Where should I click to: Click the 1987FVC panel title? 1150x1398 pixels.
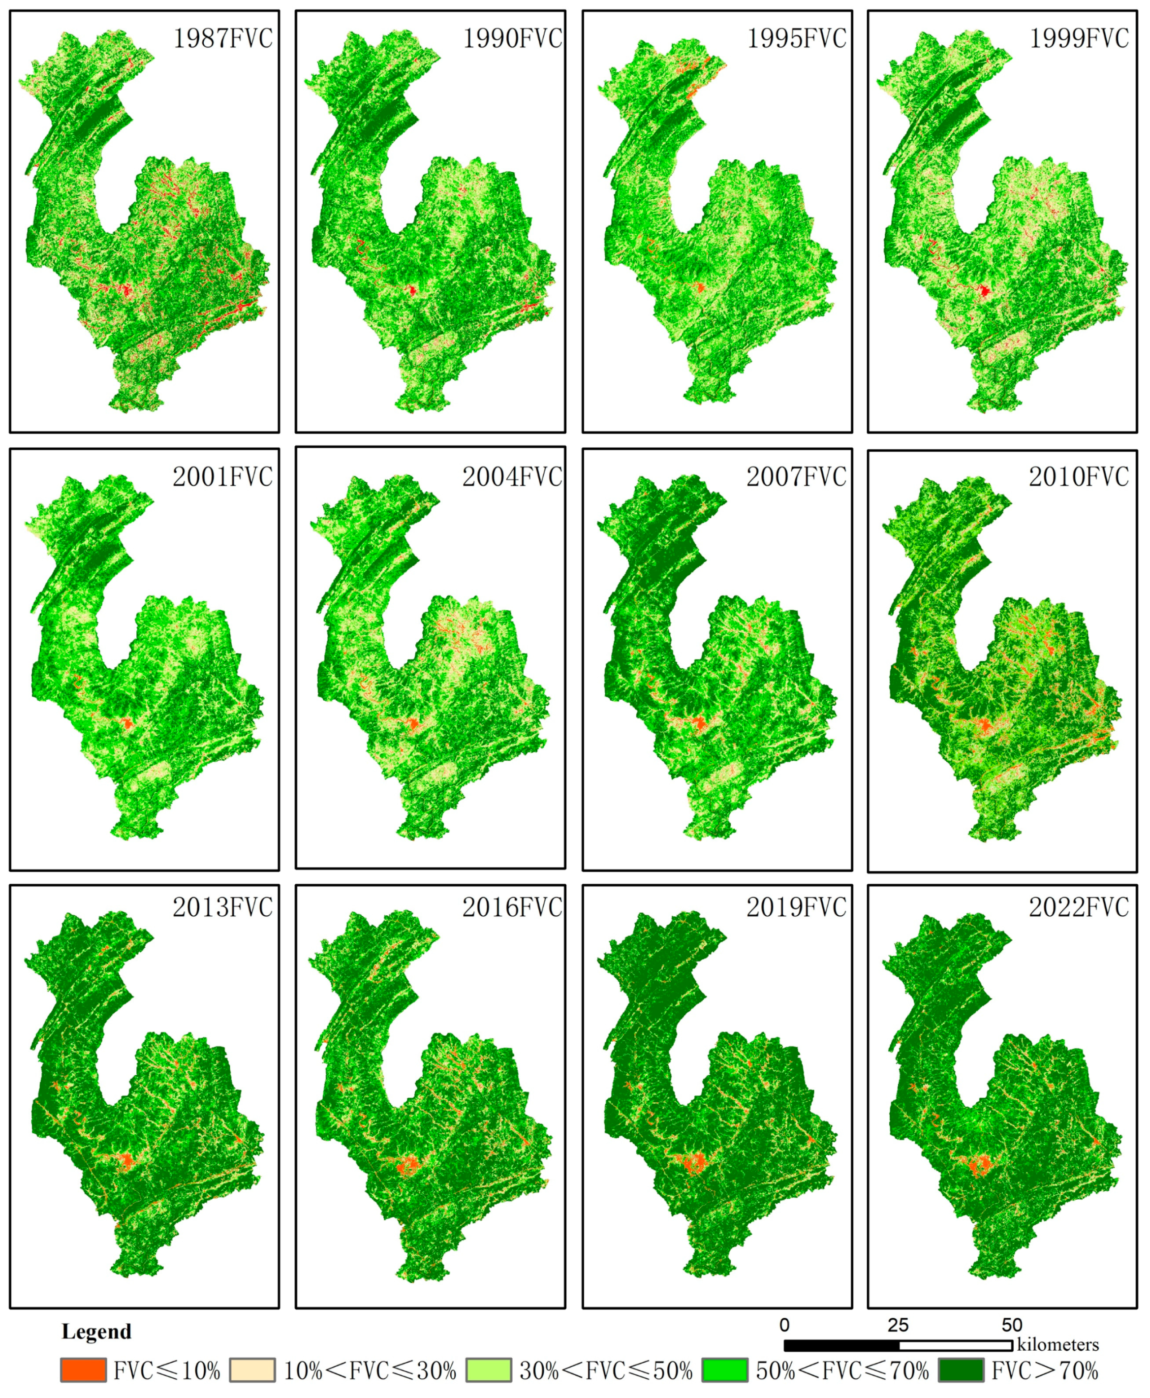[x=222, y=39]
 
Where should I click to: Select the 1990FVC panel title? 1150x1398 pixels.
[x=512, y=39]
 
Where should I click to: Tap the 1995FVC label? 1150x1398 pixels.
[x=797, y=39]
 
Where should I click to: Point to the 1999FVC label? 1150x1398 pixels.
[x=1079, y=39]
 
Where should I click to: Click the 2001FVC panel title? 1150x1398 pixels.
[x=222, y=477]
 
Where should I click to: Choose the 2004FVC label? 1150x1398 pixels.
[x=512, y=477]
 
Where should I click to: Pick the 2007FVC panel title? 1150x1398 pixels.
[x=797, y=477]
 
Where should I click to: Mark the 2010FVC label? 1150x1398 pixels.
[x=1079, y=477]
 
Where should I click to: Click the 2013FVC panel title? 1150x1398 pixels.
[x=222, y=908]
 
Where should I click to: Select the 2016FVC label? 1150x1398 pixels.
[x=512, y=908]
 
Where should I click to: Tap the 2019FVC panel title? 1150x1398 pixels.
[x=797, y=908]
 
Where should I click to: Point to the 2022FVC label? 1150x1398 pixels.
[x=1079, y=908]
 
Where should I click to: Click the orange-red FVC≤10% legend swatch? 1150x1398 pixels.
[x=83, y=1370]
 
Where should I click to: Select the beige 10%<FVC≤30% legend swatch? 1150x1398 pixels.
[x=252, y=1370]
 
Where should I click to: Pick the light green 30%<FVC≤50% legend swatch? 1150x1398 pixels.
[x=489, y=1370]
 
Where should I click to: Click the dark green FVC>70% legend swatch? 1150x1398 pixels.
[x=961, y=1370]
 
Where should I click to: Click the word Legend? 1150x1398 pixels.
[x=97, y=1332]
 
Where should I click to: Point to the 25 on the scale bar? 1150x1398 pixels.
[x=898, y=1325]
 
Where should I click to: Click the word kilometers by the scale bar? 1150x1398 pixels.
[x=1058, y=1345]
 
